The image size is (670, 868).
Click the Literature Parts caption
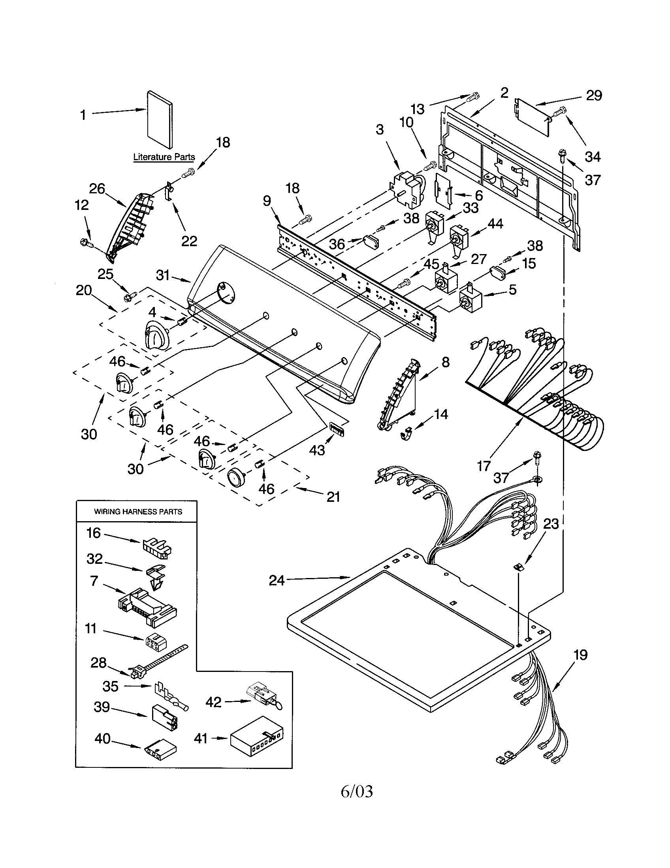[164, 157]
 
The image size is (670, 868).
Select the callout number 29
[594, 95]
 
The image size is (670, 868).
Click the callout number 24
[277, 581]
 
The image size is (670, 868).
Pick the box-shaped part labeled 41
[257, 738]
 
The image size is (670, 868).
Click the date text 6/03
[357, 800]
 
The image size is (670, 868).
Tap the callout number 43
[317, 450]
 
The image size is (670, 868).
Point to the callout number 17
[484, 466]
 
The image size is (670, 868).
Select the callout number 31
[163, 275]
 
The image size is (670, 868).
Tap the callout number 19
[580, 655]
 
